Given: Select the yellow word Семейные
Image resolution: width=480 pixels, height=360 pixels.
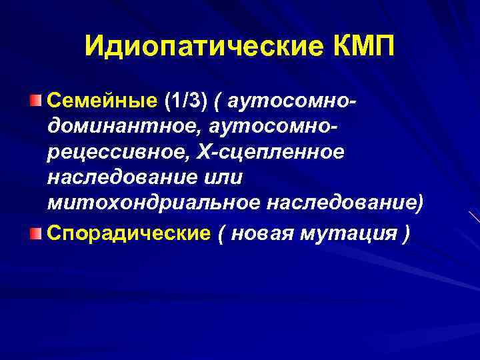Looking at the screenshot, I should coord(101,101).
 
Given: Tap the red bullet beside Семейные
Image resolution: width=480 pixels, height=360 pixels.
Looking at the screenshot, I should coord(36,101).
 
